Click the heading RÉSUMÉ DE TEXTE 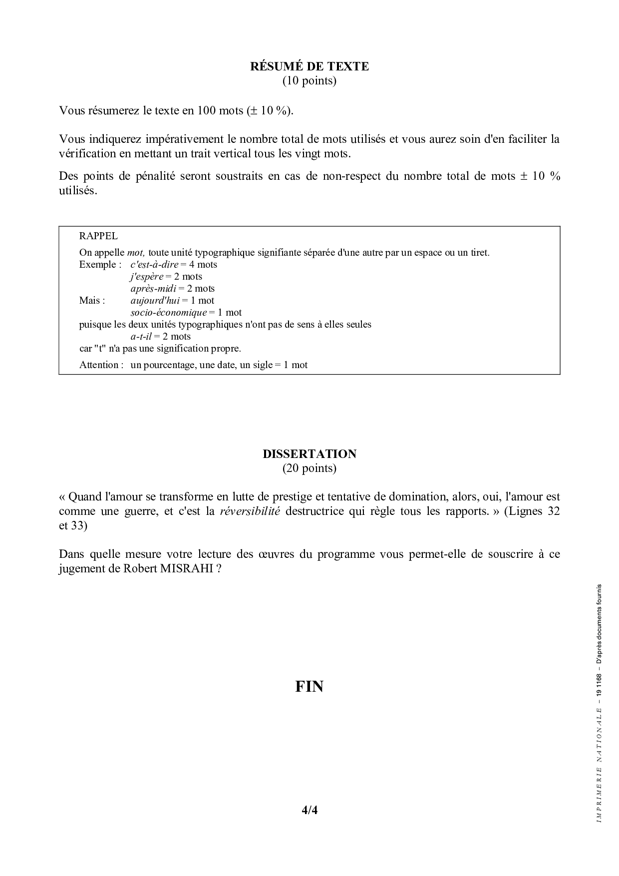[x=309, y=66]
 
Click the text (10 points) [x=309, y=80]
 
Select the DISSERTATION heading [x=309, y=454]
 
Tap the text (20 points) [x=309, y=468]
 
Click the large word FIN [x=309, y=687]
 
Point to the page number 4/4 [x=309, y=810]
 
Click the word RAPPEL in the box [x=98, y=236]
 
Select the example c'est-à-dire [x=154, y=265]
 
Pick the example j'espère [x=147, y=277]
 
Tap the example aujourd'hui [x=155, y=301]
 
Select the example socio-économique [x=168, y=313]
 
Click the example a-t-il [x=141, y=337]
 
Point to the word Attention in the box [x=99, y=365]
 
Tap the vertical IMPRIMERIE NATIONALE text [x=599, y=764]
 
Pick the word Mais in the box [x=90, y=301]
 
